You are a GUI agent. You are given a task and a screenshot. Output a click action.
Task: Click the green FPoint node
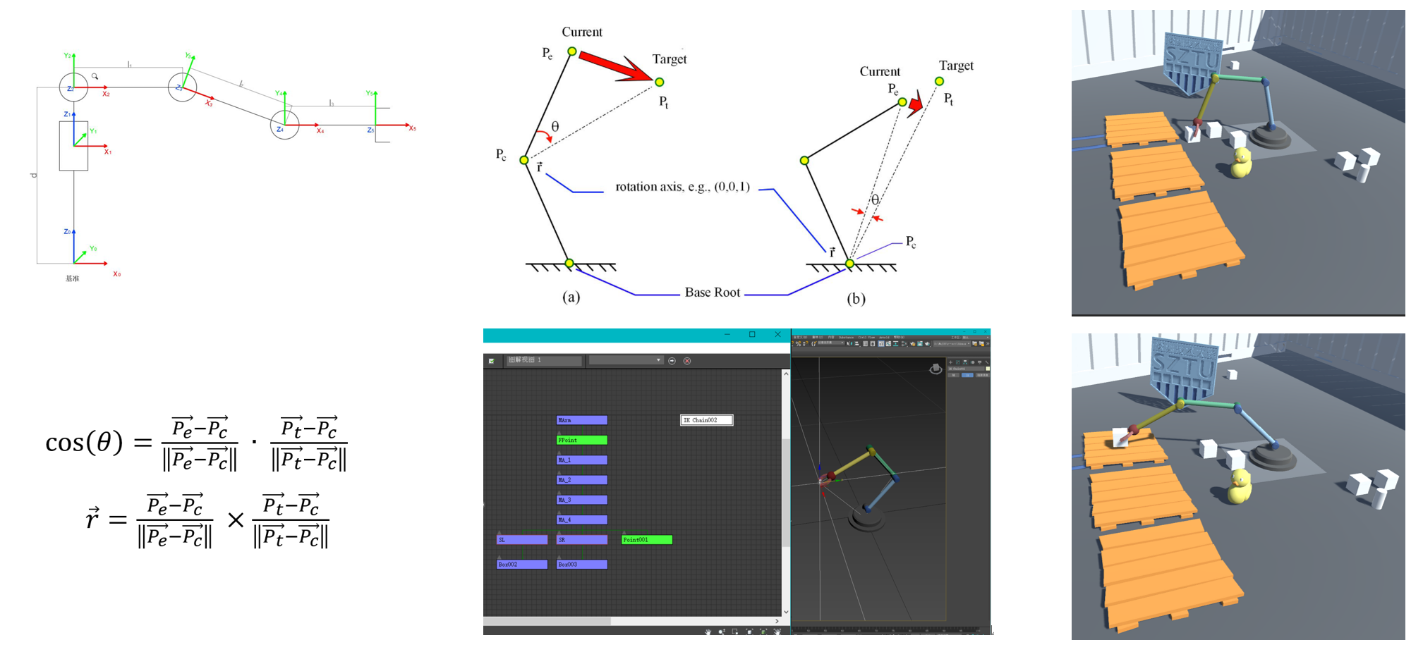pyautogui.click(x=581, y=440)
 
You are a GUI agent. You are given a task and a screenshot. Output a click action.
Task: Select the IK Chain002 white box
pyautogui.click(x=706, y=420)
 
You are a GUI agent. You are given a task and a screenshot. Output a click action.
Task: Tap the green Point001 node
pyautogui.click(x=646, y=540)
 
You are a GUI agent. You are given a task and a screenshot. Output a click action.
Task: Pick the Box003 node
pyautogui.click(x=581, y=565)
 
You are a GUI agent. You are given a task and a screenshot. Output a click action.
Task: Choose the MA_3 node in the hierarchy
pyautogui.click(x=581, y=500)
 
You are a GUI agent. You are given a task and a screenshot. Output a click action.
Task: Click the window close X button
pyautogui.click(x=777, y=335)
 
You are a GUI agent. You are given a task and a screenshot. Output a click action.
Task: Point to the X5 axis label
pyautogui.click(x=413, y=128)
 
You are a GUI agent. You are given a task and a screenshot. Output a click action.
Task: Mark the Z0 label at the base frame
pyautogui.click(x=67, y=231)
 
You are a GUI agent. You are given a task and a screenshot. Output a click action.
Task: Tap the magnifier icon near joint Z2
pyautogui.click(x=95, y=76)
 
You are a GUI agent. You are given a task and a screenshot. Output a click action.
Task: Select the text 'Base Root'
pyautogui.click(x=713, y=293)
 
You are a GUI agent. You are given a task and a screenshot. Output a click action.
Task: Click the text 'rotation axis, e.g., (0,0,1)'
pyautogui.click(x=682, y=187)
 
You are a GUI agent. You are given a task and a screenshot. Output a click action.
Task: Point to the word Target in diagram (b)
pyautogui.click(x=956, y=66)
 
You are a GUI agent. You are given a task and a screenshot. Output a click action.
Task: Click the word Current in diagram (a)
pyautogui.click(x=582, y=32)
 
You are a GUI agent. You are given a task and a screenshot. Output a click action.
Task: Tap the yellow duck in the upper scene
pyautogui.click(x=1240, y=163)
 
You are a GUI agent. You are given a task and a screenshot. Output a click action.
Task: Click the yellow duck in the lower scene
pyautogui.click(x=1239, y=487)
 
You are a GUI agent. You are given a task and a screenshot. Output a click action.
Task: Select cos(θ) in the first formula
pyautogui.click(x=84, y=443)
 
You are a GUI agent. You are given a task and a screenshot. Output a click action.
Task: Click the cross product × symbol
pyautogui.click(x=236, y=520)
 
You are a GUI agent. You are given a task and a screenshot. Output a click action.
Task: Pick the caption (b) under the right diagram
pyautogui.click(x=856, y=299)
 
